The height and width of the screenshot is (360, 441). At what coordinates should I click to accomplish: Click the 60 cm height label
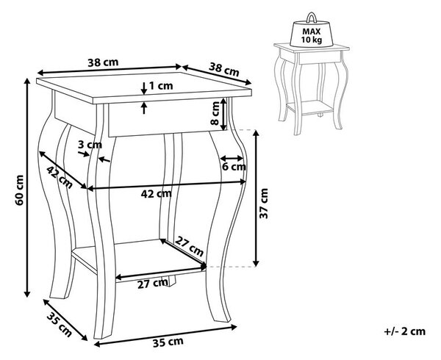19,190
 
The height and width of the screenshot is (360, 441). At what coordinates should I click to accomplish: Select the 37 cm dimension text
264,204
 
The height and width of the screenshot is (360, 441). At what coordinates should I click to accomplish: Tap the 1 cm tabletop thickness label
160,86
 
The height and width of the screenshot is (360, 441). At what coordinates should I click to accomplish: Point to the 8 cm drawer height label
215,113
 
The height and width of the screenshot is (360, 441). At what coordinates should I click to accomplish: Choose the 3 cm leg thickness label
90,145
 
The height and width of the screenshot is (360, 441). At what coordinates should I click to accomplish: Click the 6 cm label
234,167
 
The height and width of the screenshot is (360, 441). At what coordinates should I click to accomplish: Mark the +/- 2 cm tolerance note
405,331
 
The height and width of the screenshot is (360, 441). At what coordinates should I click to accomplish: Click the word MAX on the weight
312,32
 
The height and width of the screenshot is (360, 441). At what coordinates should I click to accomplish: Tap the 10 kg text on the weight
312,40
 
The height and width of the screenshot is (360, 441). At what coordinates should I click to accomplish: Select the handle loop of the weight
312,17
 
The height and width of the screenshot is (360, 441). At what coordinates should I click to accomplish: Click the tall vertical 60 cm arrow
27,187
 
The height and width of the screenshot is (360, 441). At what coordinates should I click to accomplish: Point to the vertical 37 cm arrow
256,198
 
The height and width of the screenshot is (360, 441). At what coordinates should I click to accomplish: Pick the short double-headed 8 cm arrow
223,114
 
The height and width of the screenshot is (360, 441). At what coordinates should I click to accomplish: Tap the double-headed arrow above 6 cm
232,158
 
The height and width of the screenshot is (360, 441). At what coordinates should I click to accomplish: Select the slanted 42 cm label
60,177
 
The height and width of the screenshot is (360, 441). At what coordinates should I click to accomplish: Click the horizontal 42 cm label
156,194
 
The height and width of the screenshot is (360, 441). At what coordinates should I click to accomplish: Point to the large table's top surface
144,85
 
